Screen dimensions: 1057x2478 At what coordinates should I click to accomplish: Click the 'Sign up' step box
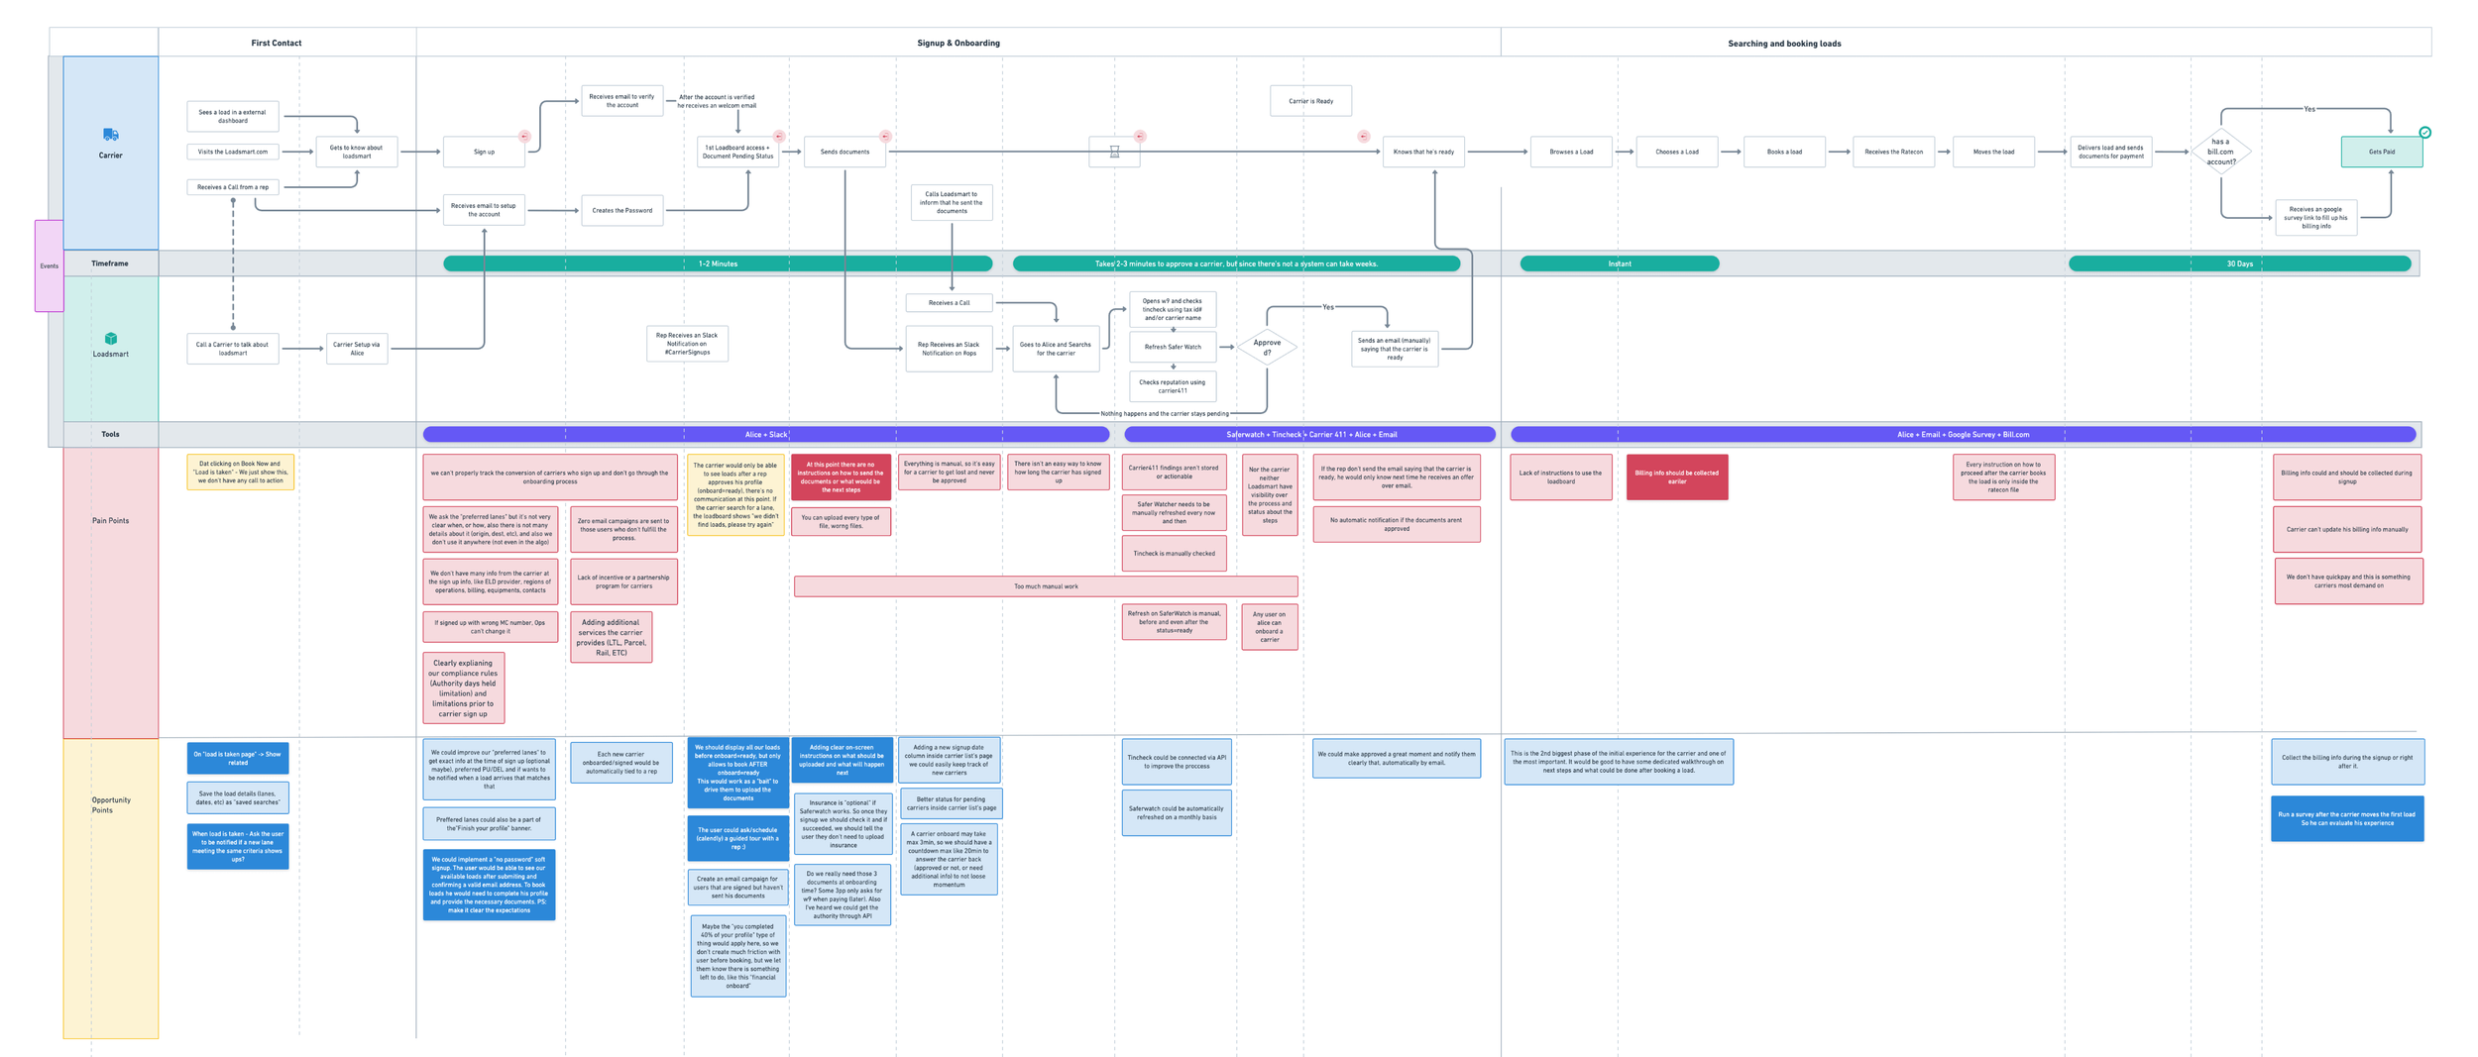click(x=484, y=152)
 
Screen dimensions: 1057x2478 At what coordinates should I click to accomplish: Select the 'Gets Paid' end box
click(x=2381, y=152)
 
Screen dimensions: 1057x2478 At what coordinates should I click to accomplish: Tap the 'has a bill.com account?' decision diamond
click(x=2220, y=152)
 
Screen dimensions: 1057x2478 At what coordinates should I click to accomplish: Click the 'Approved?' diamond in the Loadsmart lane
click(x=1267, y=348)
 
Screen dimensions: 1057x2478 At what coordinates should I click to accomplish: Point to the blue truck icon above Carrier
click(x=110, y=135)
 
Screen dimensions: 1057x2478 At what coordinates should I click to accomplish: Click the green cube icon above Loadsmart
click(x=111, y=339)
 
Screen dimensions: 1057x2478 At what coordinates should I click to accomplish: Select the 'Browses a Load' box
click(x=1571, y=152)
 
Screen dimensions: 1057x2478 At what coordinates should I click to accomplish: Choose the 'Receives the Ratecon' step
click(x=1893, y=152)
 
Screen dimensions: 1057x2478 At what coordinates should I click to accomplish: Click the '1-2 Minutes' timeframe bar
click(x=718, y=264)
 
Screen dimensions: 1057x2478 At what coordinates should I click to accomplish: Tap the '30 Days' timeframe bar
click(x=2239, y=264)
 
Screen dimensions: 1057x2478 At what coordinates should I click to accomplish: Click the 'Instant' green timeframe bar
click(x=1619, y=264)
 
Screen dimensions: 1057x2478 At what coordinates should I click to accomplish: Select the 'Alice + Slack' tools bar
click(x=765, y=434)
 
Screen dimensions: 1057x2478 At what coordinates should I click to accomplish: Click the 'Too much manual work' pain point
click(x=1046, y=586)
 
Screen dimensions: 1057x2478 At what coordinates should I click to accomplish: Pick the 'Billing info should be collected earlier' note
click(x=1677, y=476)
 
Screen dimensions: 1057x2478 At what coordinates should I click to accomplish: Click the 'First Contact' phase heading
click(x=276, y=43)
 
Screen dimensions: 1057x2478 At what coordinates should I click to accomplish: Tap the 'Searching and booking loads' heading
click(x=1784, y=44)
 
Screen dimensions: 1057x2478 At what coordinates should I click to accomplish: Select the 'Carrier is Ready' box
click(x=1310, y=101)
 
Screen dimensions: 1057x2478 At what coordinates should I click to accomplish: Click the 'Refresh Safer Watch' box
click(x=1173, y=347)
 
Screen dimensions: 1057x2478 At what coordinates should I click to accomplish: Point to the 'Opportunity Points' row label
click(x=111, y=804)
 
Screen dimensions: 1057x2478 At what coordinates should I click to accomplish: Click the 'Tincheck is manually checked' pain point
click(x=1174, y=554)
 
